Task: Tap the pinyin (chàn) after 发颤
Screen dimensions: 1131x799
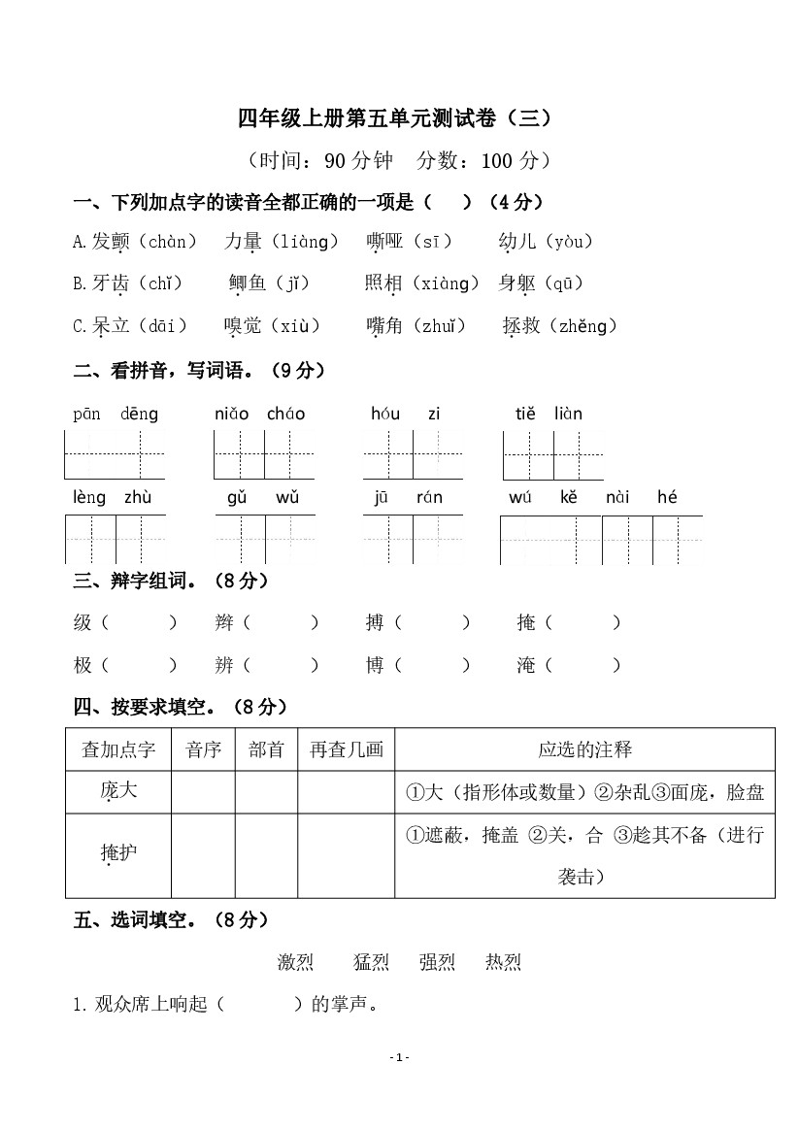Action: click(167, 242)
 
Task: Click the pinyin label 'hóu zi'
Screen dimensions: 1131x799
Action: click(405, 414)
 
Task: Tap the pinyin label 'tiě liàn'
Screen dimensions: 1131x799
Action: click(549, 414)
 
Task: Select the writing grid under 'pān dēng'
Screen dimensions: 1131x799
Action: click(115, 454)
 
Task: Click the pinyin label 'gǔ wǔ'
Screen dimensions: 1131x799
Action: click(263, 498)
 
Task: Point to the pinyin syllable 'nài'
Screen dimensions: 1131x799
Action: click(617, 498)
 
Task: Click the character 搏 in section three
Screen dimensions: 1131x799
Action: click(375, 623)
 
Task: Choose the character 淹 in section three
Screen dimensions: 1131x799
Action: click(526, 666)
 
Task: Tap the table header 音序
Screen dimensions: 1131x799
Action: click(203, 749)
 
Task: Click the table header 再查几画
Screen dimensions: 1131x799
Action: click(347, 749)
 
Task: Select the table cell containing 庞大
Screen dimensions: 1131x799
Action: click(118, 792)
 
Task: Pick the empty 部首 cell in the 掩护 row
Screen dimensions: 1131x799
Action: click(266, 855)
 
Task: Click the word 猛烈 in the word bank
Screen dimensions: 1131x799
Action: click(371, 962)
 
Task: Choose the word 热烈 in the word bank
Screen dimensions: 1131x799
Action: click(503, 962)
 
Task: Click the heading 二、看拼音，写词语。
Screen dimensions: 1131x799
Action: click(199, 370)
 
